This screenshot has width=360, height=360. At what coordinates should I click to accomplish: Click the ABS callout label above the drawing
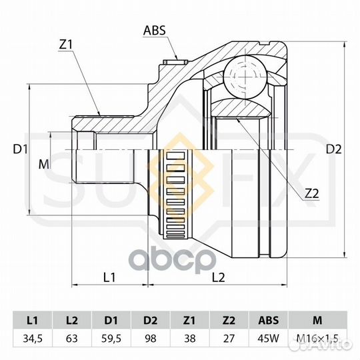[x=154, y=31]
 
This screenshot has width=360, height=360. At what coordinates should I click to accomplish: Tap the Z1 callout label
[x=65, y=45]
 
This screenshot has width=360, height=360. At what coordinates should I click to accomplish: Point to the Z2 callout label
[x=312, y=194]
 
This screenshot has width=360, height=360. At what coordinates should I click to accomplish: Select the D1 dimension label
[x=21, y=149]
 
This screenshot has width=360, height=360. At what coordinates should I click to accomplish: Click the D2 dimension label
[x=334, y=149]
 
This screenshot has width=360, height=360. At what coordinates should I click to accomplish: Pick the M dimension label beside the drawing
[x=44, y=165]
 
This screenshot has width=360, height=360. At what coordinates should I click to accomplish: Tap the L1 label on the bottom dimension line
[x=109, y=277]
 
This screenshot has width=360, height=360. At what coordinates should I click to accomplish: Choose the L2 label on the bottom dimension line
[x=219, y=277]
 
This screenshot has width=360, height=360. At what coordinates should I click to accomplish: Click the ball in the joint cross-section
[x=245, y=77]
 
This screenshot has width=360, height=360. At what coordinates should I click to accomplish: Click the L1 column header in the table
[x=33, y=320]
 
